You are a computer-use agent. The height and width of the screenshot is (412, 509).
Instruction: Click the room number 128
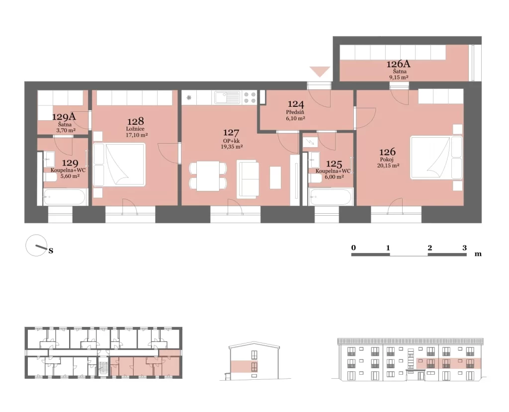135,121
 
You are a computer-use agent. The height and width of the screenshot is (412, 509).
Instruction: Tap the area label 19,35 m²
231,147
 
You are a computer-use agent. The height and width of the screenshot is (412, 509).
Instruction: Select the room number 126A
398,64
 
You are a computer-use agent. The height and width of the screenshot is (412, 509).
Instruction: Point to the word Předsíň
295,112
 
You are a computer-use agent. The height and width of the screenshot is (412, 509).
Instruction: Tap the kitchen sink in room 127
227,97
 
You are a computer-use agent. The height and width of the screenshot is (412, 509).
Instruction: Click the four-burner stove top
250,97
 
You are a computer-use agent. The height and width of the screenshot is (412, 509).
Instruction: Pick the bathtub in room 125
331,197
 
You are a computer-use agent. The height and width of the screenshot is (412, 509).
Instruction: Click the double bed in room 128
119,165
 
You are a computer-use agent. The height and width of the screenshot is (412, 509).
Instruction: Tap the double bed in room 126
436,158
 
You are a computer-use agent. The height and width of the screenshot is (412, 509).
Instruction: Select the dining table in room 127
208,176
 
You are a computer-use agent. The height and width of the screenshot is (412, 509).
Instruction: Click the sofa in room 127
248,179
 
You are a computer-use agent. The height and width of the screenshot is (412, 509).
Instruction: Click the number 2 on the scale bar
430,248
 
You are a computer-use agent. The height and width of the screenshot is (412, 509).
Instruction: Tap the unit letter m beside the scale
478,254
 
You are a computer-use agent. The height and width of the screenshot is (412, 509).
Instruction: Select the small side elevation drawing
254,361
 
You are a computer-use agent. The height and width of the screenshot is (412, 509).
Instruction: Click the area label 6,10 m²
295,118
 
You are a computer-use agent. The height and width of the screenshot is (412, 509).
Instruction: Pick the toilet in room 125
315,178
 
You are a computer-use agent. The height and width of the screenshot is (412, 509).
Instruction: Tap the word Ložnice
135,129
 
